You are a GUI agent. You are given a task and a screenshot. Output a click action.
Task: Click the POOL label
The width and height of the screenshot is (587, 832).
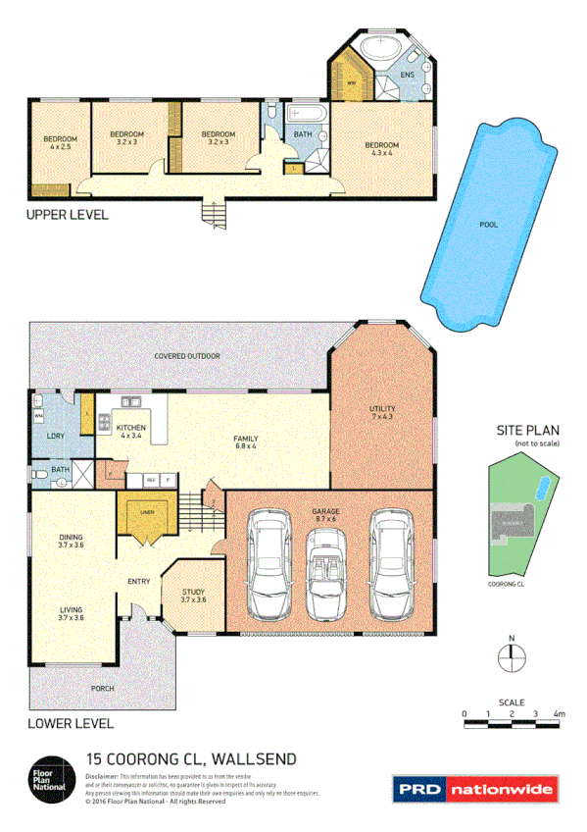[x=488, y=225]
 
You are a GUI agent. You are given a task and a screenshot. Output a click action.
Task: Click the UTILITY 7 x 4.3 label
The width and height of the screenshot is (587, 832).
[x=381, y=412]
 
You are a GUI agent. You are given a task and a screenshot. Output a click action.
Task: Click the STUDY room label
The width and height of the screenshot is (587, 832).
[x=193, y=596]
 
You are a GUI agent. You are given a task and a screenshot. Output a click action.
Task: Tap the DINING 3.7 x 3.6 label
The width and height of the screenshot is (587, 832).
[x=70, y=540]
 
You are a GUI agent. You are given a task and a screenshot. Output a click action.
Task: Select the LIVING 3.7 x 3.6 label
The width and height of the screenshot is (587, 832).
[x=70, y=613]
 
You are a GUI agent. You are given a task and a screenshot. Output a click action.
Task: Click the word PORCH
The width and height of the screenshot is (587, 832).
[x=102, y=689]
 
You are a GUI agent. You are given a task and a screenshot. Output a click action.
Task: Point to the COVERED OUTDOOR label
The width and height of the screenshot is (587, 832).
[x=186, y=355]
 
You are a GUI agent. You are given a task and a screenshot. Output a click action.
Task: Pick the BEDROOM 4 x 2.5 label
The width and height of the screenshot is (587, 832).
[x=58, y=143]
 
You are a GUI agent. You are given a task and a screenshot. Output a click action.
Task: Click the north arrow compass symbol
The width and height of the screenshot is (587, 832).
[x=511, y=657]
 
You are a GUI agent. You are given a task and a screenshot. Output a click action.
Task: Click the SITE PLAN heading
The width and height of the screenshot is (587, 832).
[x=528, y=431]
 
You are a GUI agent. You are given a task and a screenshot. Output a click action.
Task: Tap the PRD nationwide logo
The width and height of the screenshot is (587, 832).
[x=475, y=789]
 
